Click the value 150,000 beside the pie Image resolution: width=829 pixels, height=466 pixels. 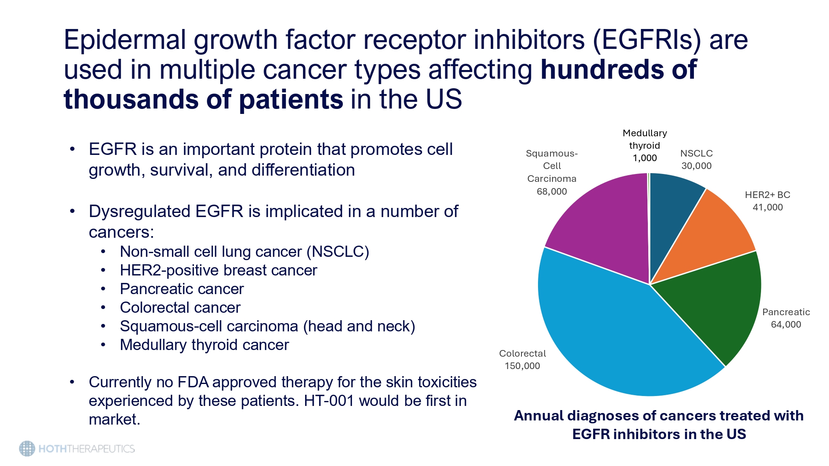(x=522, y=366)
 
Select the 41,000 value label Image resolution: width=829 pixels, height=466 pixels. (x=768, y=208)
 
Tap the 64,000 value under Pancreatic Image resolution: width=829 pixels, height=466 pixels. (x=786, y=325)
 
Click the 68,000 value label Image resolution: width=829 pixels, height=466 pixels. (x=552, y=191)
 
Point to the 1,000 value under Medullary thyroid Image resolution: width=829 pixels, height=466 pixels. (x=645, y=158)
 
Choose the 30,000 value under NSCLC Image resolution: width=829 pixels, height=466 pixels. (x=696, y=166)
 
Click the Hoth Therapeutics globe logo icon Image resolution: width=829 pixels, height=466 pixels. (x=27, y=449)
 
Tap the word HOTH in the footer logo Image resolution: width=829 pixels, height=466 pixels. (x=52, y=449)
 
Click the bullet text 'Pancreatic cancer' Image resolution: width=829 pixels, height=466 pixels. (x=182, y=289)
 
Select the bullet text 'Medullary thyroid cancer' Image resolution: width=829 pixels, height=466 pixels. (x=204, y=345)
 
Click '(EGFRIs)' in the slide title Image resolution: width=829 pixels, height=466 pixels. (x=647, y=40)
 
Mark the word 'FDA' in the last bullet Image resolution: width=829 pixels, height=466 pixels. (x=193, y=382)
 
